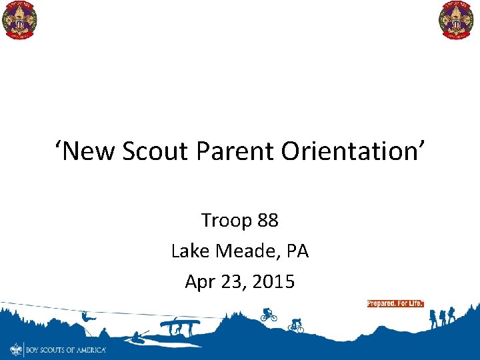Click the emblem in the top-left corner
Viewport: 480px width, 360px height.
coord(20,21)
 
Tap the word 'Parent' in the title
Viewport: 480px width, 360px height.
coord(236,151)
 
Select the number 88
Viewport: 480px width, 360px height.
coord(267,220)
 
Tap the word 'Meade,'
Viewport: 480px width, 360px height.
coord(249,251)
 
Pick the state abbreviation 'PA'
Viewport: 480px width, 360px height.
coord(297,251)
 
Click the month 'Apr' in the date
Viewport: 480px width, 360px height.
coord(199,281)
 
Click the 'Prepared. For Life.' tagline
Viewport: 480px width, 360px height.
coord(395,303)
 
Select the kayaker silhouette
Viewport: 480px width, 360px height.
coord(139,335)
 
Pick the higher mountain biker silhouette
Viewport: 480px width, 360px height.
coord(268,315)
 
